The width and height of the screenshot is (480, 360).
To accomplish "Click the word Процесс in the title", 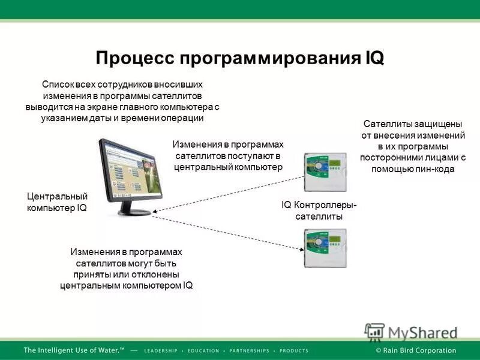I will click(131, 59).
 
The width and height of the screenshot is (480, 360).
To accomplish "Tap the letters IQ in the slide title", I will click(373, 59).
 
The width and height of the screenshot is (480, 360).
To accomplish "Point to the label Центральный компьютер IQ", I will click(58, 202).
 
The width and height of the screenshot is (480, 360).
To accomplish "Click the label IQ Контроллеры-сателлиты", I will click(319, 211).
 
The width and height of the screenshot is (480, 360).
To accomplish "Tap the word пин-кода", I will click(434, 169).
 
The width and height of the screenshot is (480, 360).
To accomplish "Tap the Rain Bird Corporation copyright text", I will click(416, 350).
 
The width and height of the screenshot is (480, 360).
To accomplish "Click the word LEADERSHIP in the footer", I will click(160, 350).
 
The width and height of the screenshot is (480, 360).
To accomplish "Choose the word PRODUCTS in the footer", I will click(294, 350).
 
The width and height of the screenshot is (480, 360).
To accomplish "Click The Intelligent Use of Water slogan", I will click(74, 350).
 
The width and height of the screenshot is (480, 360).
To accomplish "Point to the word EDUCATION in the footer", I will click(205, 350).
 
